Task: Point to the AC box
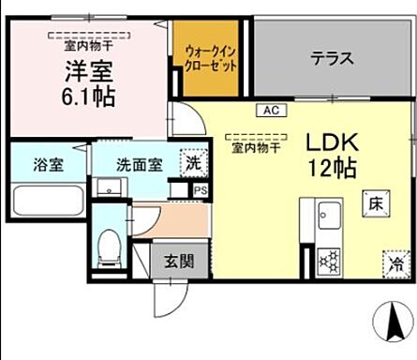[271, 111]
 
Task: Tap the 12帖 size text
[329, 170]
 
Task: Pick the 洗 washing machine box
[192, 160]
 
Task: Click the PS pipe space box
[199, 189]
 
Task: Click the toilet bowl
[111, 247]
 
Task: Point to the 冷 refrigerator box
[394, 264]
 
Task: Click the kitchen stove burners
[329, 260]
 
